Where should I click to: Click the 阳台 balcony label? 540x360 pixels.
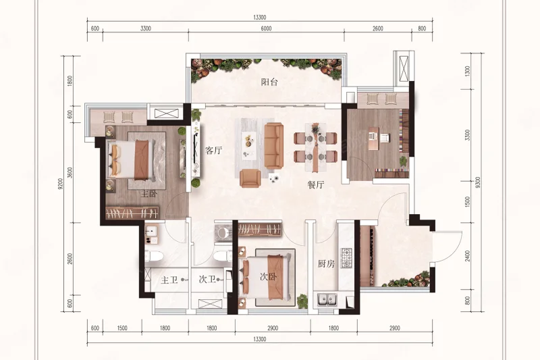pyautogui.click(x=269, y=82)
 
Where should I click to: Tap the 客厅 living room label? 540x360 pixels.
pyautogui.click(x=213, y=150)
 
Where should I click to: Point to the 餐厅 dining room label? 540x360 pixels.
pyautogui.click(x=316, y=184)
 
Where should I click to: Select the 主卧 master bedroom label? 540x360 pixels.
pyautogui.click(x=148, y=194)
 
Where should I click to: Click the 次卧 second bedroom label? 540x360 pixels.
pyautogui.click(x=268, y=277)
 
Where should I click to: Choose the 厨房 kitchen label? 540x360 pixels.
pyautogui.click(x=326, y=264)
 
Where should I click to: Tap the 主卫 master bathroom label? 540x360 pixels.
pyautogui.click(x=169, y=280)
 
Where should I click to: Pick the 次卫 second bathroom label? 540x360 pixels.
pyautogui.click(x=207, y=280)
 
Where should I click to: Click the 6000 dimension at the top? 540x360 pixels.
pyautogui.click(x=266, y=28)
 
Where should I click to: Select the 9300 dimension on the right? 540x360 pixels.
pyautogui.click(x=477, y=182)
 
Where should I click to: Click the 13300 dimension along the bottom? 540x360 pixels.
pyautogui.click(x=260, y=339)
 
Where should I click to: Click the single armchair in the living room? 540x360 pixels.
pyautogui.click(x=249, y=178)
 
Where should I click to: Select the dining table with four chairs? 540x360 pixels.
pyautogui.click(x=315, y=147)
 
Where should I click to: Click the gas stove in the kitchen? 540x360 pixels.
pyautogui.click(x=346, y=258)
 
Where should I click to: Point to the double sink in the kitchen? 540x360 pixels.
pyautogui.click(x=327, y=299)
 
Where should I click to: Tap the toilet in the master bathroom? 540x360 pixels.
pyautogui.click(x=154, y=256)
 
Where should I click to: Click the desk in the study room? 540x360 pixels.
pyautogui.click(x=374, y=138)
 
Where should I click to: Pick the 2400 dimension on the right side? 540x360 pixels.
pyautogui.click(x=467, y=256)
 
